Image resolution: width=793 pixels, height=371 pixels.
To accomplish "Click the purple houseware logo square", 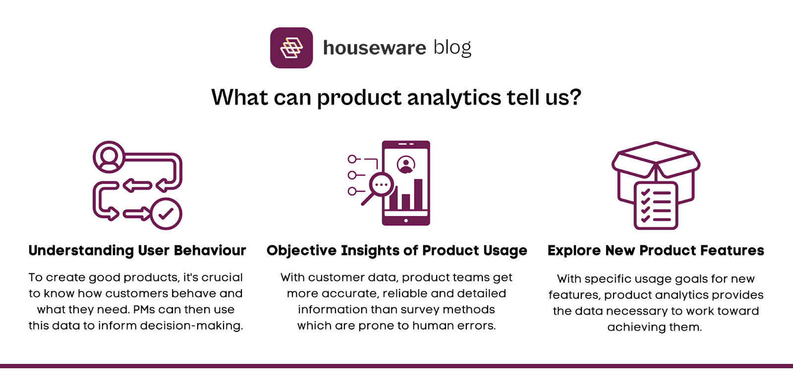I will click(x=291, y=47).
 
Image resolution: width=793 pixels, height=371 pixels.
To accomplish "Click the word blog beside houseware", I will click(x=452, y=48).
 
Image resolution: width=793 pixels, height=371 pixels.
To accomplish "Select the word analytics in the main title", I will click(x=453, y=97).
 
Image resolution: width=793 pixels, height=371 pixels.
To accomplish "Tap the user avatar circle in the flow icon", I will click(x=109, y=157).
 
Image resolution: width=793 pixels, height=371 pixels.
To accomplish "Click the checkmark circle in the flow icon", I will click(x=166, y=214).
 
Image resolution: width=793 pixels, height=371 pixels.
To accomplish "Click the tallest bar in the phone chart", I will click(x=418, y=194).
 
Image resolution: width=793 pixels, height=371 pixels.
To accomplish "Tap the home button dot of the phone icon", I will click(x=406, y=220).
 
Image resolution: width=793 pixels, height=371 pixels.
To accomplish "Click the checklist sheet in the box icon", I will click(x=656, y=205).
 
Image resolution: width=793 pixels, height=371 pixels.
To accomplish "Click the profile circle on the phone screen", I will click(x=406, y=165).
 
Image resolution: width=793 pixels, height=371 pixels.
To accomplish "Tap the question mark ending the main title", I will click(x=575, y=97).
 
